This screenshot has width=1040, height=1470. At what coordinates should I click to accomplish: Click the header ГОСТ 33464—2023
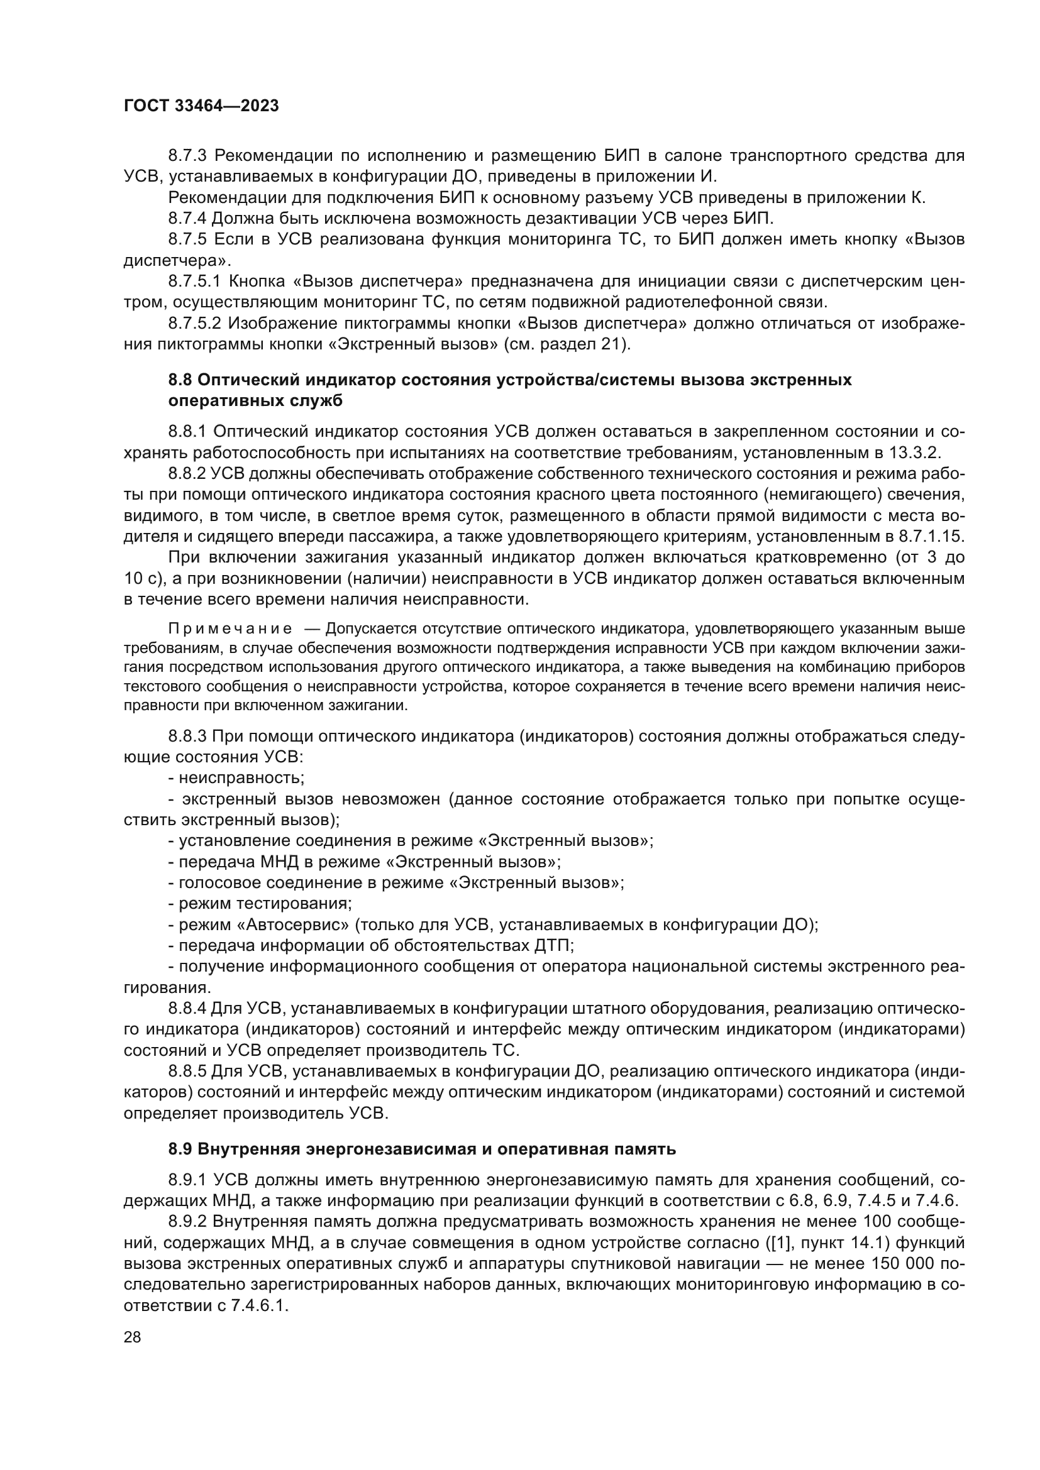click(201, 106)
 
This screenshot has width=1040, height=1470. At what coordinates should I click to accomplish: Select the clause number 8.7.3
click(187, 156)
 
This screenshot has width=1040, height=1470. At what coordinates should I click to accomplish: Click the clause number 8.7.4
click(187, 218)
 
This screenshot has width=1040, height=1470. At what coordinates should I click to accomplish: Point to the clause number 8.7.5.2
click(196, 323)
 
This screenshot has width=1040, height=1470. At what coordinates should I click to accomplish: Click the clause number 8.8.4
click(187, 1008)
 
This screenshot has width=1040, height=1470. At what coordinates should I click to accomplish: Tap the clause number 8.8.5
click(187, 1071)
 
